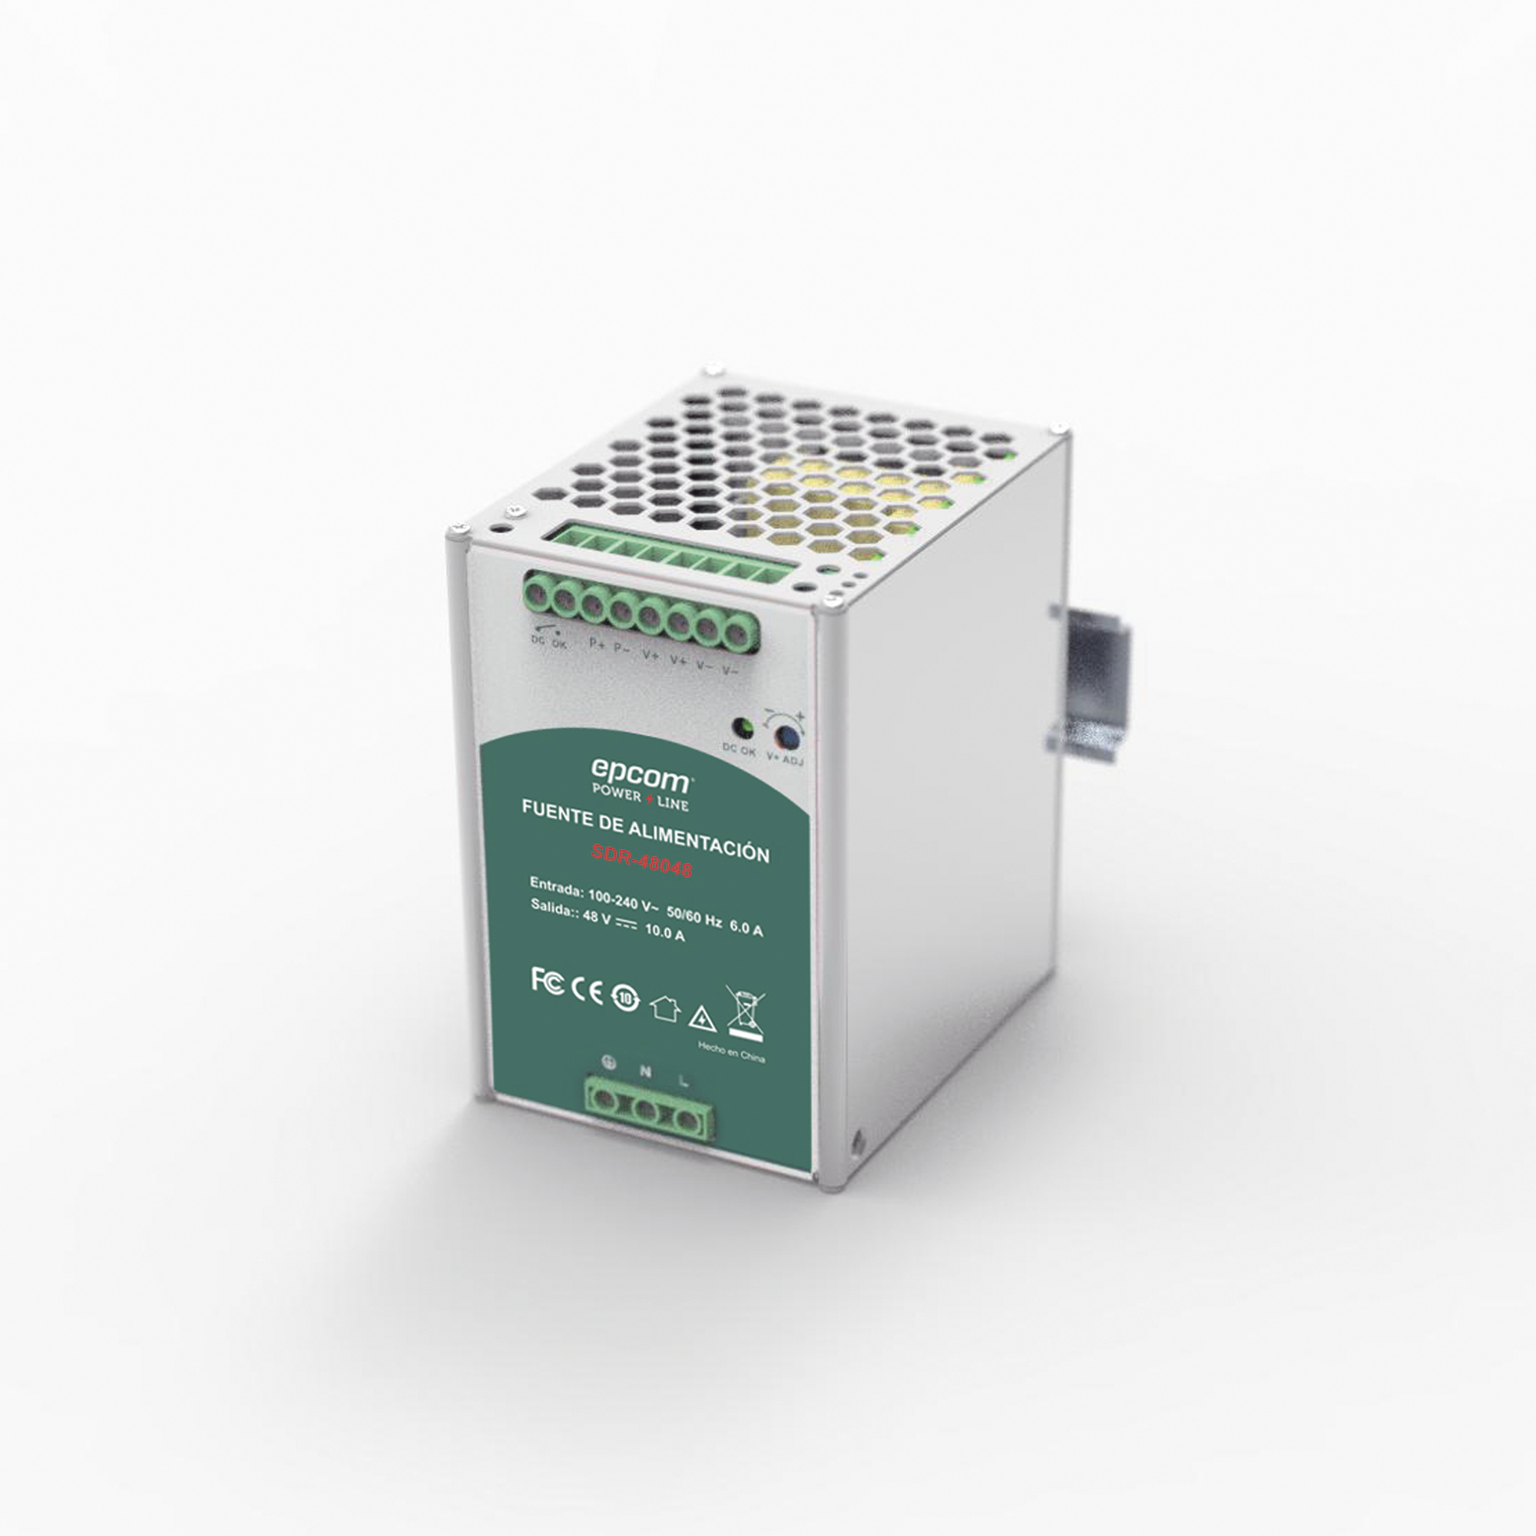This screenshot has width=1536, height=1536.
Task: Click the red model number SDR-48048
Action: tap(641, 861)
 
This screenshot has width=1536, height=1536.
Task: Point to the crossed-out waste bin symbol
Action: tap(746, 1013)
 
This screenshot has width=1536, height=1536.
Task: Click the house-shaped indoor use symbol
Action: tap(664, 1008)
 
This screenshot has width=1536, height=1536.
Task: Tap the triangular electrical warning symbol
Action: tap(702, 1018)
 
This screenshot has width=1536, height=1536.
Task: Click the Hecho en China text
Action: tap(730, 1053)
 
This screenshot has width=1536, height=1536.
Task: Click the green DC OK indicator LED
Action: tap(743, 727)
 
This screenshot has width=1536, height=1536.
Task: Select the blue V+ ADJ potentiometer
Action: tap(786, 737)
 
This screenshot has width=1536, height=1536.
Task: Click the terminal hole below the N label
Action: tap(646, 1111)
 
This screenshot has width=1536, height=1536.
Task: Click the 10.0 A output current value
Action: tap(664, 933)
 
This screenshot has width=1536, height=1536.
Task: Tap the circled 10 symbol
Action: tap(626, 998)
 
